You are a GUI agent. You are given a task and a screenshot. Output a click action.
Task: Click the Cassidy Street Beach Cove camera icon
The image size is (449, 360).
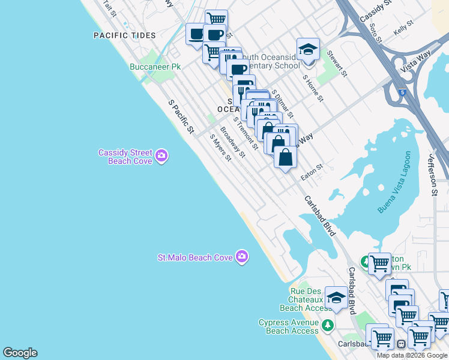pyautogui.click(x=161, y=157)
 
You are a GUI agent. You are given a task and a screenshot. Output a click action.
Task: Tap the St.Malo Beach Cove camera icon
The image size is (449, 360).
pyautogui.click(x=242, y=257)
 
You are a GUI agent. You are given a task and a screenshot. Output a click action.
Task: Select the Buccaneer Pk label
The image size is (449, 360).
pyautogui.click(x=155, y=67)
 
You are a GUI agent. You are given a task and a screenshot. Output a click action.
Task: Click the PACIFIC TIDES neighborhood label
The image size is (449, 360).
pyautogui.click(x=124, y=36)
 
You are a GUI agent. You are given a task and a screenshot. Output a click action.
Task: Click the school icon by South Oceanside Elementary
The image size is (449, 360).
pyautogui.click(x=308, y=50)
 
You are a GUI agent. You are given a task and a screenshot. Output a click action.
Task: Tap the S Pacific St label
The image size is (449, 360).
pyautogui.click(x=182, y=116)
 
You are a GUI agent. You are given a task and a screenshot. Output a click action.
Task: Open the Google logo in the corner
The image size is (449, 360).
pyautogui.click(x=20, y=353)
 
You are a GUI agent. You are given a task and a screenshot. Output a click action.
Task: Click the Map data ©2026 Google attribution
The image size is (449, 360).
pyautogui.click(x=412, y=355)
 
